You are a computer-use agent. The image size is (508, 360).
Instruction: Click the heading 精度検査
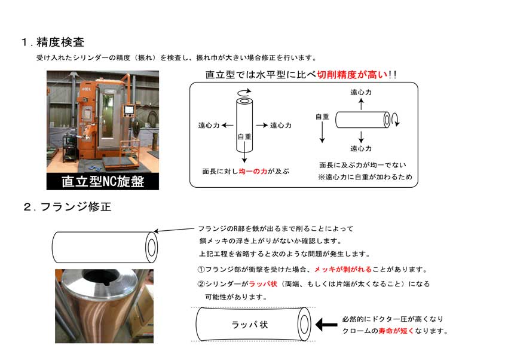60,42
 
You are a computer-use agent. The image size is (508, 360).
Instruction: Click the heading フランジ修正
76,207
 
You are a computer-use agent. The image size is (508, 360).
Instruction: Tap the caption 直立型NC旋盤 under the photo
103,181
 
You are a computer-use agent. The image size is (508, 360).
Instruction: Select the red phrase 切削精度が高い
352,75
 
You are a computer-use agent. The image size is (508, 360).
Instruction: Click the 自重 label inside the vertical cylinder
244,136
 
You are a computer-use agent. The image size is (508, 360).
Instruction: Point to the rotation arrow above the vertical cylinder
244,92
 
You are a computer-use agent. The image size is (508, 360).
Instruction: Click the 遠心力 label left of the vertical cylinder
209,125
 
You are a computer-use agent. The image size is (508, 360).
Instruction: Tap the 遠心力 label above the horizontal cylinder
361,92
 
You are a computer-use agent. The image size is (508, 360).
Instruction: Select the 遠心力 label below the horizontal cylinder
361,148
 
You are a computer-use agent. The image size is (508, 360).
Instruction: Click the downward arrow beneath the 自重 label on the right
322,133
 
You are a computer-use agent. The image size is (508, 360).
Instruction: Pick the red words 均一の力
253,171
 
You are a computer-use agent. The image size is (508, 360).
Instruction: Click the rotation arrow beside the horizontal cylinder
396,120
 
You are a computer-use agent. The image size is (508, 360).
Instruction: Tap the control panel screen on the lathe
129,109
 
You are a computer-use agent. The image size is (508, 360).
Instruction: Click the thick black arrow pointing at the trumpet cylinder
326,324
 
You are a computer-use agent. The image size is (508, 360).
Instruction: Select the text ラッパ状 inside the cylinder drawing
249,324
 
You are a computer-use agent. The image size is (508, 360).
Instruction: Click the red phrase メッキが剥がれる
343,269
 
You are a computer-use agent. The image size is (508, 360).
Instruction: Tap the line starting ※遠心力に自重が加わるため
365,177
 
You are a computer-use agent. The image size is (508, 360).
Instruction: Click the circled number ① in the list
201,269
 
